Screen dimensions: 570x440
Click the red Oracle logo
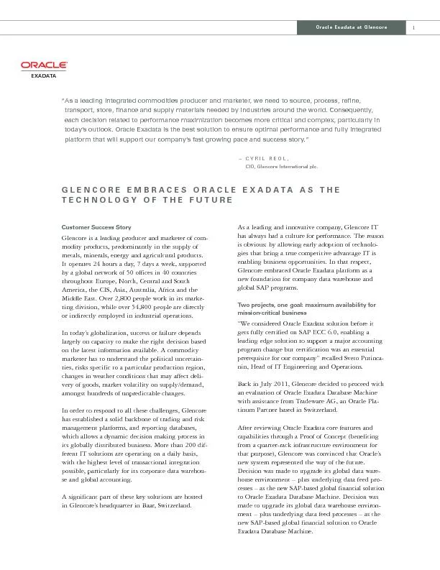[x=44, y=65]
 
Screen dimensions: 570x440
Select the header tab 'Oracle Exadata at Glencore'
[x=352, y=28]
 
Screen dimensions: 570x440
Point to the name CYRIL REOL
[x=266, y=157]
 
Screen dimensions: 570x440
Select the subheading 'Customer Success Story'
[x=96, y=227]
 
